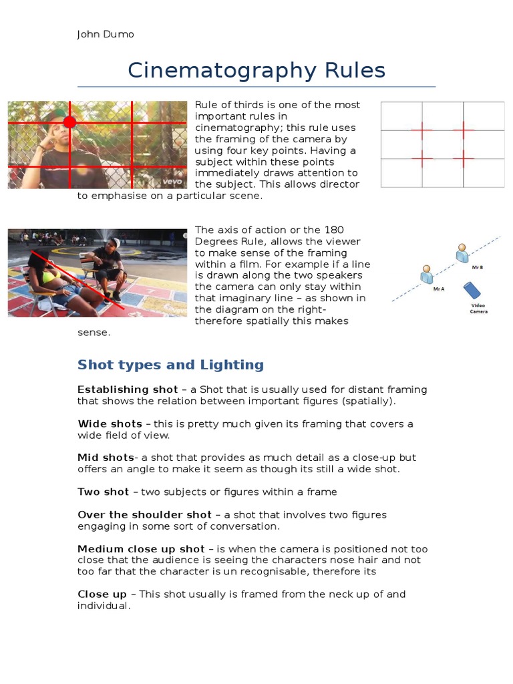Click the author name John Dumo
[x=106, y=34]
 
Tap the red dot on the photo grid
[x=69, y=122]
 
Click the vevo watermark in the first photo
[x=172, y=180]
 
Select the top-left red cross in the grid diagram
[x=421, y=130]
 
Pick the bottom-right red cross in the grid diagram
[x=462, y=158]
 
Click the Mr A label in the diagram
[x=438, y=289]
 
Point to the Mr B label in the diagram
[x=477, y=267]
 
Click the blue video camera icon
[x=473, y=291]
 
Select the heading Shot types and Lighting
[x=170, y=365]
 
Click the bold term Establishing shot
[x=128, y=389]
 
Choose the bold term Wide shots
[x=110, y=423]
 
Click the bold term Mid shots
[x=106, y=458]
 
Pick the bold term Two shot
[x=103, y=492]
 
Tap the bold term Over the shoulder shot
[x=144, y=514]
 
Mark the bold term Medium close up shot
[x=141, y=549]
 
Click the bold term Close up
[x=102, y=594]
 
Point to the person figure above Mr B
[x=462, y=253]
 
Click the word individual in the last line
[x=102, y=606]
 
